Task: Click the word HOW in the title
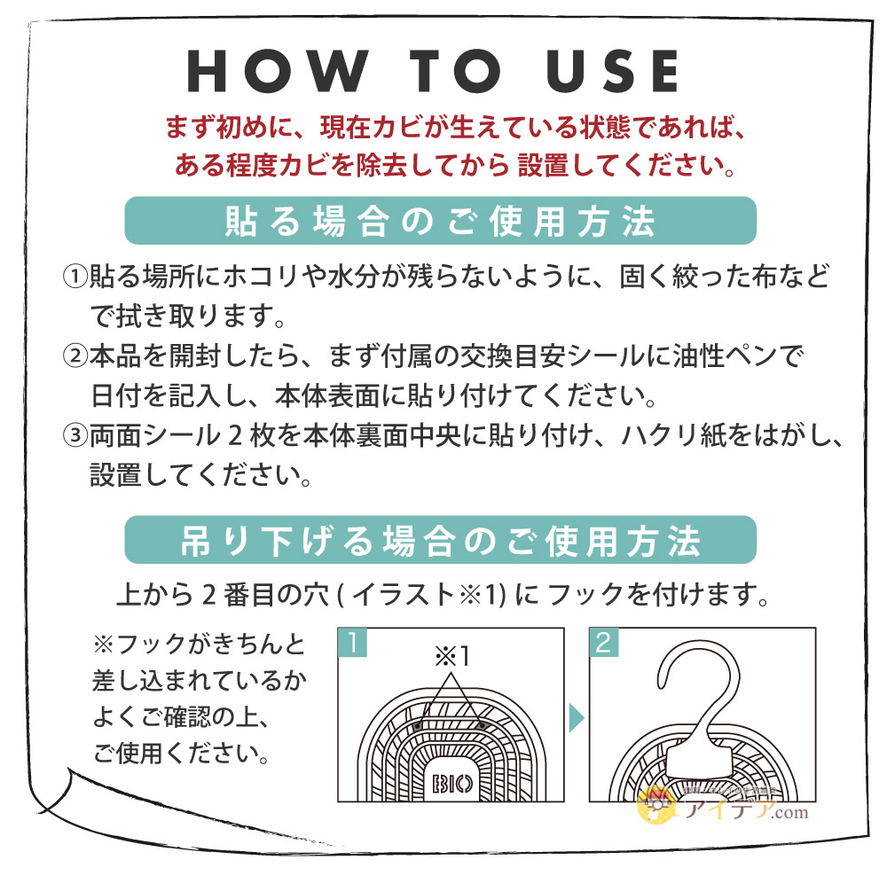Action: coord(278,70)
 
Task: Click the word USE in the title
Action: coord(613,70)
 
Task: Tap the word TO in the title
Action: coord(455,70)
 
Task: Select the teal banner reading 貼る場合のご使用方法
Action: coord(440,221)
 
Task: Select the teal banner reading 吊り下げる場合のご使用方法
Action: coord(440,540)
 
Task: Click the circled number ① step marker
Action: coord(75,277)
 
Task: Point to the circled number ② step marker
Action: coord(75,356)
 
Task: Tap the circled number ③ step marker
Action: coord(75,436)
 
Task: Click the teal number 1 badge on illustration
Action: coord(352,643)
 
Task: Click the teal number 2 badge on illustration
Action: coord(603,643)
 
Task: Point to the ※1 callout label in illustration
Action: coord(452,656)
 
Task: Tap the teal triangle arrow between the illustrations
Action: coord(576,718)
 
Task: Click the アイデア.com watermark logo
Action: coord(723,805)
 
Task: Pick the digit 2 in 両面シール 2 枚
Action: coord(235,436)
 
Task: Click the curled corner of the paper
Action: coord(54,790)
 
